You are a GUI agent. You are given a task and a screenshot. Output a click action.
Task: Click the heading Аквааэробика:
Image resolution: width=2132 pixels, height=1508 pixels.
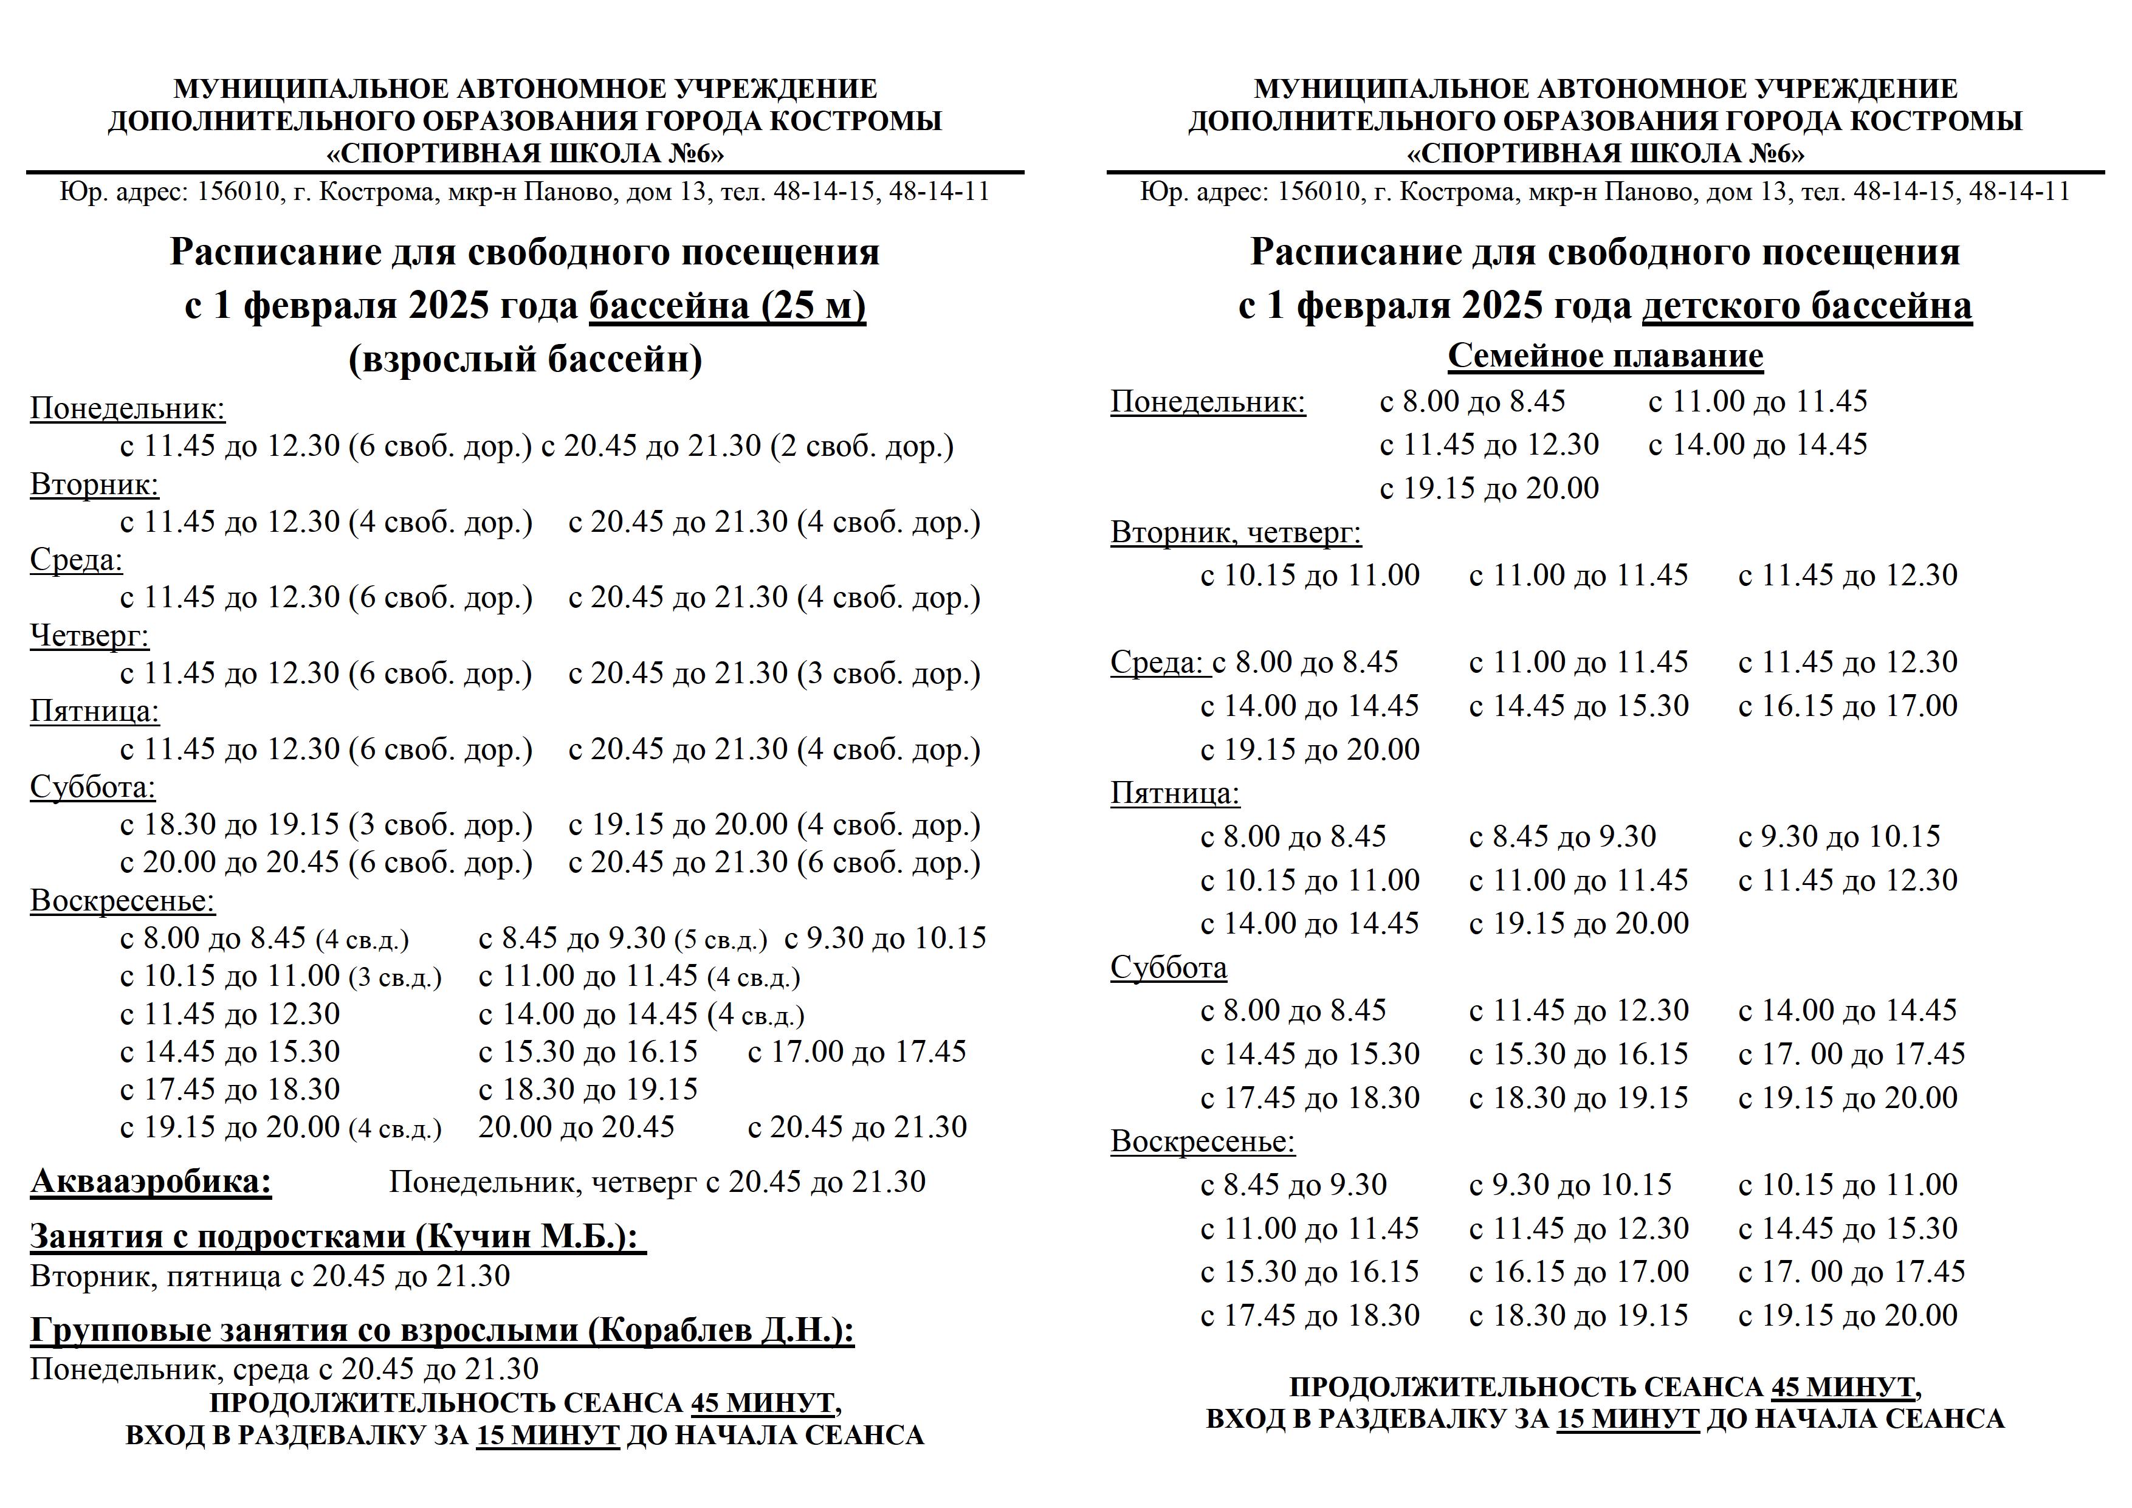coord(151,1182)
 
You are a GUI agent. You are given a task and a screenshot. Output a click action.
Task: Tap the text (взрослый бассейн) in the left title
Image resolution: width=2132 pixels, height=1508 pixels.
coord(526,359)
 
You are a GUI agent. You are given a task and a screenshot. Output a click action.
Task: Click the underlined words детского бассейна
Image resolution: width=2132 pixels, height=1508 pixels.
coord(1806,306)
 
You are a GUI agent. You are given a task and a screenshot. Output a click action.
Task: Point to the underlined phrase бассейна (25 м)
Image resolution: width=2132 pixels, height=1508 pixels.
coord(727,306)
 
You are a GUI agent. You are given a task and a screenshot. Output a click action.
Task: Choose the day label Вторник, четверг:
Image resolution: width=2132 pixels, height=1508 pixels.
coord(1236,533)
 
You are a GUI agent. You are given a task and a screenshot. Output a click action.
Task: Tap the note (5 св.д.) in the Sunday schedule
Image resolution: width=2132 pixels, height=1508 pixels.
coord(721,940)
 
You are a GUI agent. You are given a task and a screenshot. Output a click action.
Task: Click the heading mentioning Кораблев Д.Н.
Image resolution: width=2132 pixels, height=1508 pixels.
coord(442,1331)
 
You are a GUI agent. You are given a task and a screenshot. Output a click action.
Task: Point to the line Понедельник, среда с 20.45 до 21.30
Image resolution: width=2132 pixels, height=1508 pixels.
coord(284,1369)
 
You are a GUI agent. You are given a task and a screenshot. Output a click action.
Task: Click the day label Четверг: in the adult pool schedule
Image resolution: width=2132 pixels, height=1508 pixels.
coord(89,636)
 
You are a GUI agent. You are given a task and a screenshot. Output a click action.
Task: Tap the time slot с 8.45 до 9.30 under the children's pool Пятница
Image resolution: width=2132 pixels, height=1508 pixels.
coord(1562,836)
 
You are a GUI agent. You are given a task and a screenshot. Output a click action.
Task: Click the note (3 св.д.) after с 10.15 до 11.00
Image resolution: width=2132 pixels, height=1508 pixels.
coord(396,978)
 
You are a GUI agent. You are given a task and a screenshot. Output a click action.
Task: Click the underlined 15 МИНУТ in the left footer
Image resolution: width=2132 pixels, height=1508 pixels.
coord(548,1434)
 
